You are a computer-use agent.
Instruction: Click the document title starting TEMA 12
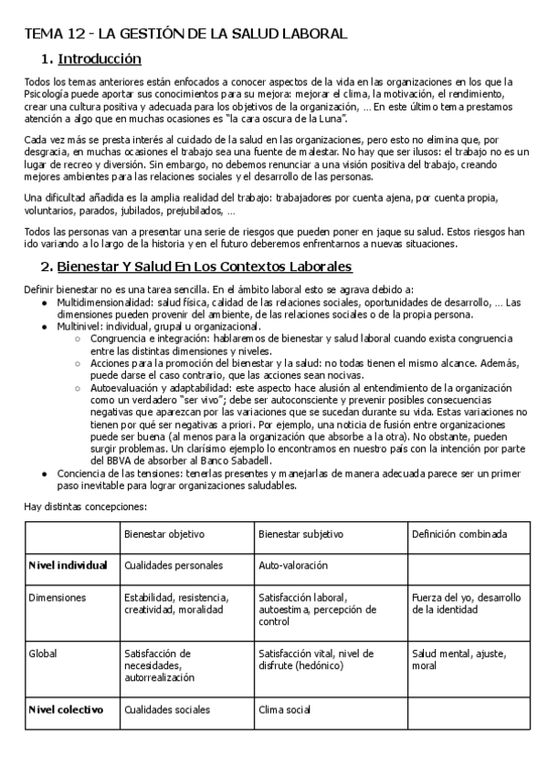tap(185, 35)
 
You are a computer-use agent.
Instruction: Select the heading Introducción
tap(100, 59)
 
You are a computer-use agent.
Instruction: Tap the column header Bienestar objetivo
tap(164, 533)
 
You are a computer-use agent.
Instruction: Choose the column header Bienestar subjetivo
tap(300, 533)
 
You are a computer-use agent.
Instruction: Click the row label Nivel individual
tap(68, 565)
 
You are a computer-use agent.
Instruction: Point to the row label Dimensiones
tap(58, 597)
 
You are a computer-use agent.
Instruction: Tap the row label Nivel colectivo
tap(66, 708)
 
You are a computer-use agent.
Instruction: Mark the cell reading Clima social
tap(286, 708)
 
